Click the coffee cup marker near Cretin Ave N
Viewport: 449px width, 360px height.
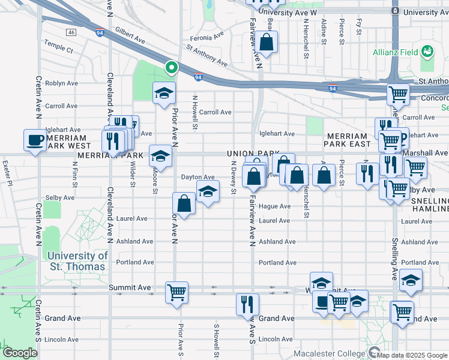35,140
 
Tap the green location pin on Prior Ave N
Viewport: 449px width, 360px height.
172,68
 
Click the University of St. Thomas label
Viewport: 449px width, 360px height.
77,260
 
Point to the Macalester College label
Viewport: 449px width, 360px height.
333,353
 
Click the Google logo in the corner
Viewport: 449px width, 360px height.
20,353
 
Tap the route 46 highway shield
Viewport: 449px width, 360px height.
71,32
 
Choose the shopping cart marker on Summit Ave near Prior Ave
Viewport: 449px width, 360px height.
176,293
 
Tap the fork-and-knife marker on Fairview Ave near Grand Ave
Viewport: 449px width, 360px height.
247,304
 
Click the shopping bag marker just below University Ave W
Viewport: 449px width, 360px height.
267,43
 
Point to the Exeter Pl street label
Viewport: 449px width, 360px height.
7,163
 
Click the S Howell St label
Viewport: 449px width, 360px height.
215,338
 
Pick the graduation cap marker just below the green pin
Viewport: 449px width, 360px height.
163,93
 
